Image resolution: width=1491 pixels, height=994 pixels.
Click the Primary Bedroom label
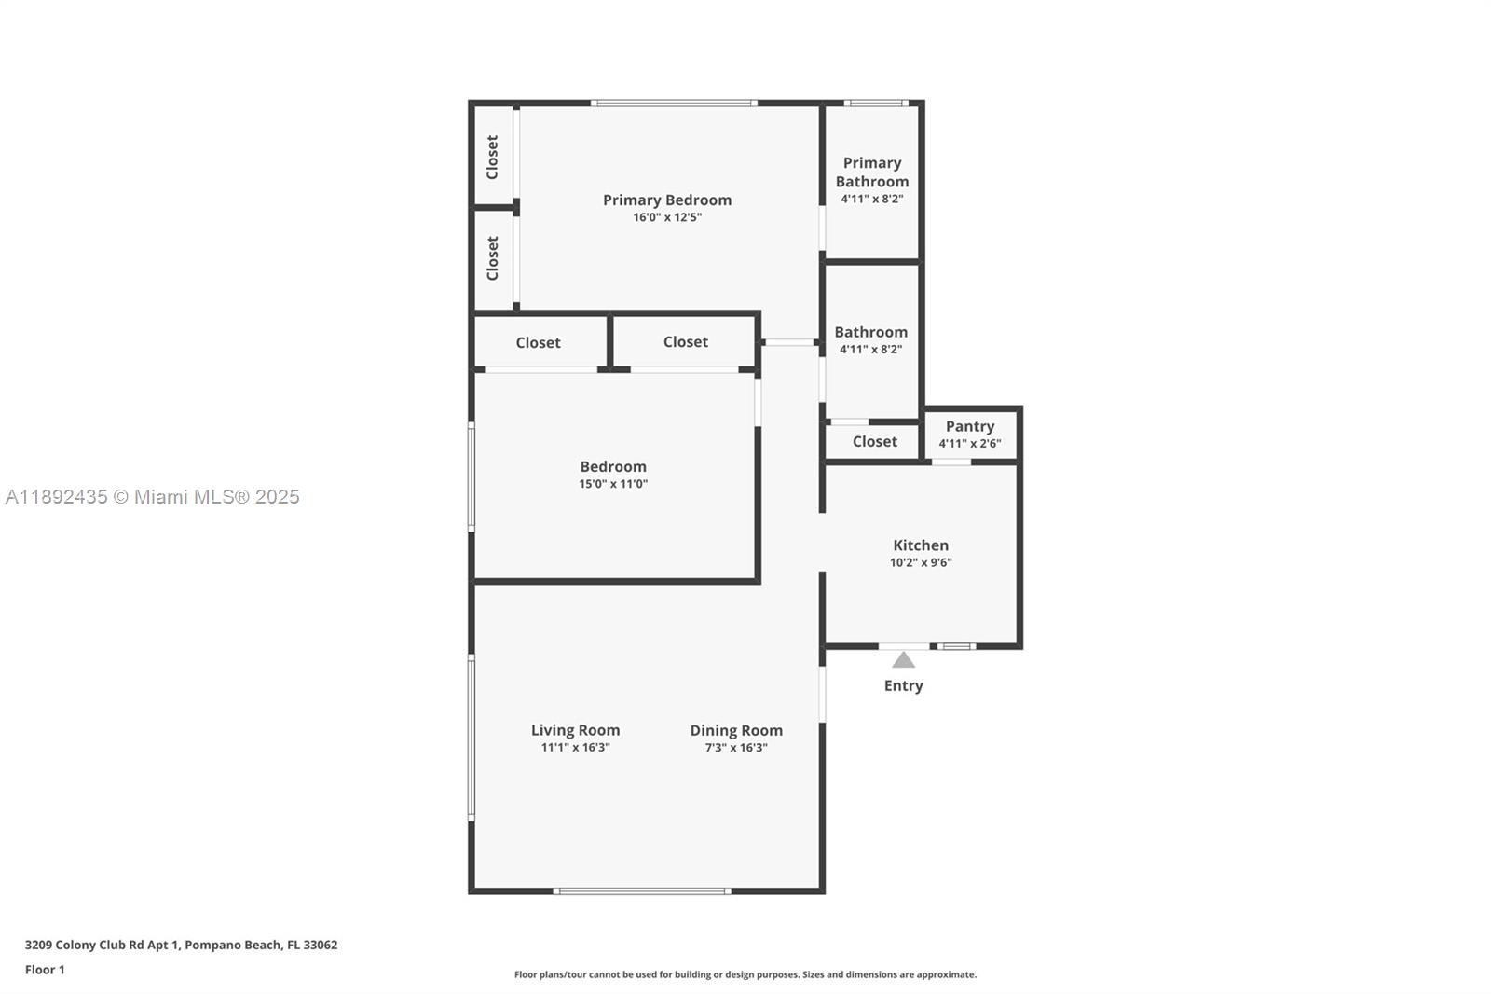666,200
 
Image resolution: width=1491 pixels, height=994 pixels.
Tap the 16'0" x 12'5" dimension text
666,217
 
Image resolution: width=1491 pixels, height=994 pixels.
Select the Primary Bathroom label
871,172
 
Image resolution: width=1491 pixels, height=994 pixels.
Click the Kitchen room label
921,545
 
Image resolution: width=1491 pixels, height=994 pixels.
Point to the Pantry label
969,426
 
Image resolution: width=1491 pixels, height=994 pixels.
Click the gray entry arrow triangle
903,660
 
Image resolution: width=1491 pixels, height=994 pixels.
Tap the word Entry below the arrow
903,685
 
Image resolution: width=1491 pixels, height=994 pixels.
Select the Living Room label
575,730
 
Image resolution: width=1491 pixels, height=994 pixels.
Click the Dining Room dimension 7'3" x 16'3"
735,748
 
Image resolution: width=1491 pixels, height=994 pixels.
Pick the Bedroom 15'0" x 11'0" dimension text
612,484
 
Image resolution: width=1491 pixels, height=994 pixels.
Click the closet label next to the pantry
874,441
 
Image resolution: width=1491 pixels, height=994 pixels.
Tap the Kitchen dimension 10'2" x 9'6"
921,562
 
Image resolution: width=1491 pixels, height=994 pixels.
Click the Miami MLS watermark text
153,497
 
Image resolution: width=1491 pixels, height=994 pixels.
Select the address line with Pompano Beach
181,945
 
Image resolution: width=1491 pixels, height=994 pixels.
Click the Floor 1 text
45,970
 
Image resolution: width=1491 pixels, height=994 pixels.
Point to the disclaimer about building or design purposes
745,974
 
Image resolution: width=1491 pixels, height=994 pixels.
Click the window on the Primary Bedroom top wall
674,103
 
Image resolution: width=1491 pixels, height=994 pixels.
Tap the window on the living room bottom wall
641,891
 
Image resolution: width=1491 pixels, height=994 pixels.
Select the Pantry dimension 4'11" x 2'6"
969,444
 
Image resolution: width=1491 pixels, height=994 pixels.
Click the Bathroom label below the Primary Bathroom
870,332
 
